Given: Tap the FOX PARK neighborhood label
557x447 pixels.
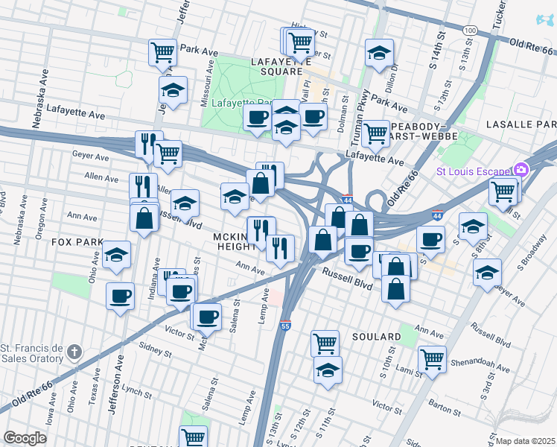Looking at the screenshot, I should coord(77,242).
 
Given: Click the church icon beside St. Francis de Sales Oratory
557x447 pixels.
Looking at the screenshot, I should coord(74,351).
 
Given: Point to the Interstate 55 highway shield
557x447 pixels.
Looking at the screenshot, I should coord(285,326).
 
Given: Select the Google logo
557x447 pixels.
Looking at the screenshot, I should coord(25,438).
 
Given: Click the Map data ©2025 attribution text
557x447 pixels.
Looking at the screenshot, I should coord(525,441).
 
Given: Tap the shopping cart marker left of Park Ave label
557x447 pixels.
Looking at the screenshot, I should coord(162,52).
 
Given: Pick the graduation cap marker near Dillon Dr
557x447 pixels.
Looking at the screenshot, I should coord(379,53).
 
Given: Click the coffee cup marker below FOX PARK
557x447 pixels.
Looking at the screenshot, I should coord(120,296).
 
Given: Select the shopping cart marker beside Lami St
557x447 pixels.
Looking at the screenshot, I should coord(432,358).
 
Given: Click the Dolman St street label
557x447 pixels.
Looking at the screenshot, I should coord(344,113).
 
